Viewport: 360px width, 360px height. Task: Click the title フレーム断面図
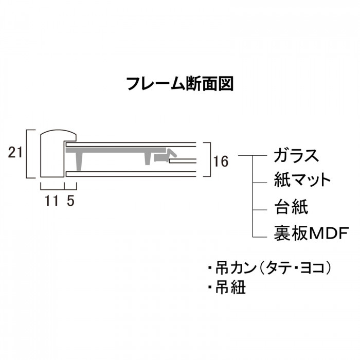180,84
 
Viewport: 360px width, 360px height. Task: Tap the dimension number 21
15,152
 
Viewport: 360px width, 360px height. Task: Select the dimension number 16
221,161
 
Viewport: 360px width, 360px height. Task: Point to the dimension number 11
51,201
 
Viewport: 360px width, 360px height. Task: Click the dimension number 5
71,201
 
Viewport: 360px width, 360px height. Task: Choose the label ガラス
296,156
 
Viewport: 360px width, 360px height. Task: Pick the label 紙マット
302,180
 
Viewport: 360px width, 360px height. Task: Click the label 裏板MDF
311,233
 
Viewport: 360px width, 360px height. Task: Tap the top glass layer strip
131,145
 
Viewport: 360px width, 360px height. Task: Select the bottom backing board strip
131,174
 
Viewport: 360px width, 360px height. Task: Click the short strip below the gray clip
183,160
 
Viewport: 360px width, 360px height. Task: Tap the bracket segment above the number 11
52,189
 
